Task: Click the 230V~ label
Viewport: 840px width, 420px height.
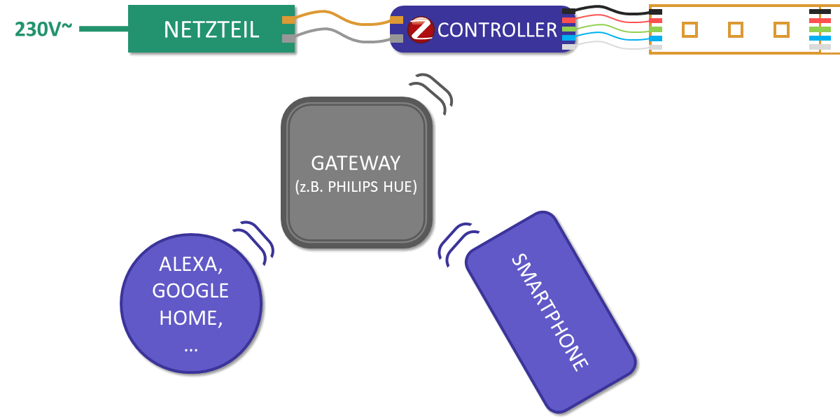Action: tap(43, 29)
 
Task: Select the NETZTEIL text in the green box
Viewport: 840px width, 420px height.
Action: tap(211, 29)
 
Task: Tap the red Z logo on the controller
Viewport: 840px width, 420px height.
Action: tap(421, 29)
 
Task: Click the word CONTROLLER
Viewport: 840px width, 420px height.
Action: tap(497, 30)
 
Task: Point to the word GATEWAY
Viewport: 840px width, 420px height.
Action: tap(356, 163)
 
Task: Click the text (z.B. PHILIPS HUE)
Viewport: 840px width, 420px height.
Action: tap(356, 187)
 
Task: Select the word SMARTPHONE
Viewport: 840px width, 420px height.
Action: tap(549, 312)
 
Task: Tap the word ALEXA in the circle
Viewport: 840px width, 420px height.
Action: tap(191, 264)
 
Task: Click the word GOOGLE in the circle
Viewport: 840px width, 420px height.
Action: tap(190, 290)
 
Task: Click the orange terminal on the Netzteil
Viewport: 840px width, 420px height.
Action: tap(288, 20)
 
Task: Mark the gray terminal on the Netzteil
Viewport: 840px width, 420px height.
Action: tap(288, 38)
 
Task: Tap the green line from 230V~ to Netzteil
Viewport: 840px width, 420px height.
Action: tap(104, 29)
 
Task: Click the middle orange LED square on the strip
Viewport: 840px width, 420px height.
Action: tap(736, 30)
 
